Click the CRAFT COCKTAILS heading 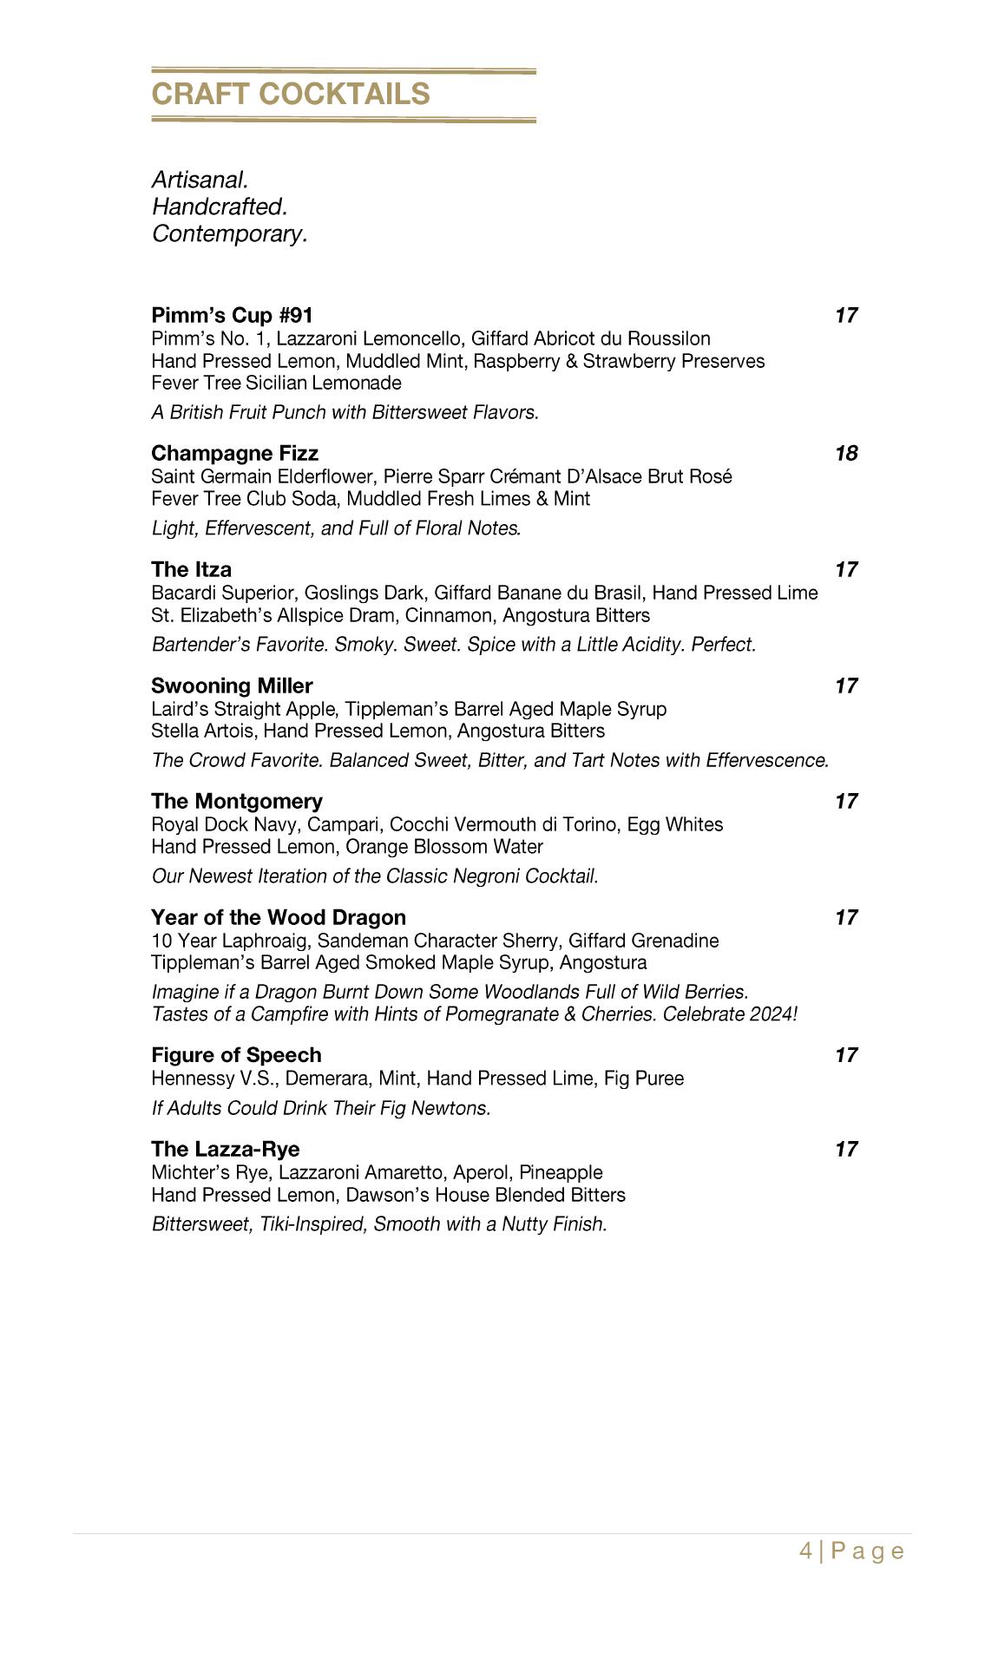pos(291,94)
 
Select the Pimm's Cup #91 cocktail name pos(232,315)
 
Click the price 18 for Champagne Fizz pos(846,453)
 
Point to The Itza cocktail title pos(191,569)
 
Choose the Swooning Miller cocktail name pos(232,685)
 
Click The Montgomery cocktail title pos(236,801)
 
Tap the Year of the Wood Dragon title pos(278,917)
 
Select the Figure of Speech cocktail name pos(236,1055)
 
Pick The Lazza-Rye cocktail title pos(225,1149)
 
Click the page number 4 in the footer pos(806,1551)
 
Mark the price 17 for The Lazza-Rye pos(846,1149)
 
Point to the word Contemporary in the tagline pos(229,233)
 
